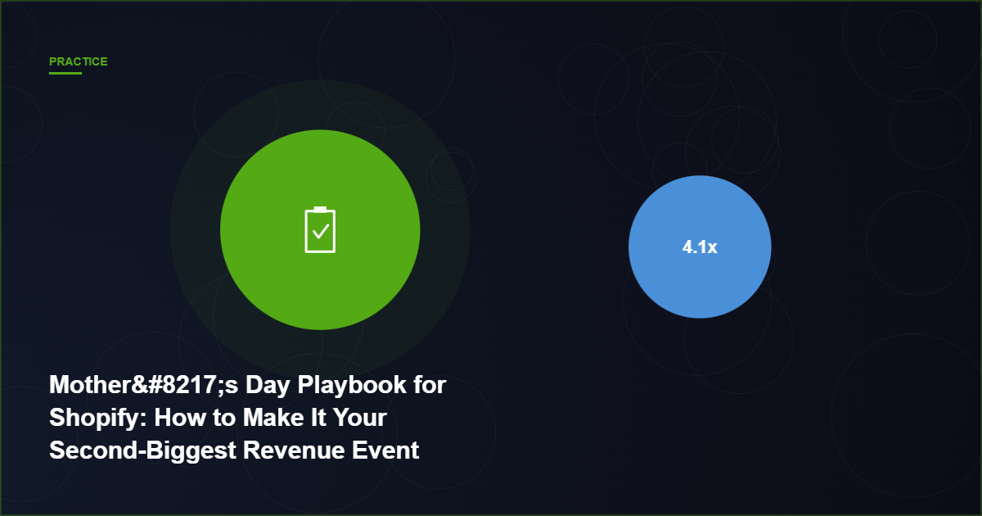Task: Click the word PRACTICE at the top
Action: click(x=78, y=61)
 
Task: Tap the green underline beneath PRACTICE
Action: click(x=65, y=74)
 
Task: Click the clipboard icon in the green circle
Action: click(x=320, y=230)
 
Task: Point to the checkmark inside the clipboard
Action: click(x=320, y=232)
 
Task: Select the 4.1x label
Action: click(x=700, y=247)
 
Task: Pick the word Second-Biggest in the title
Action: click(x=142, y=450)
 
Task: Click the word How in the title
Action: click(x=177, y=418)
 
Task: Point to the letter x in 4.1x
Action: click(x=712, y=247)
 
